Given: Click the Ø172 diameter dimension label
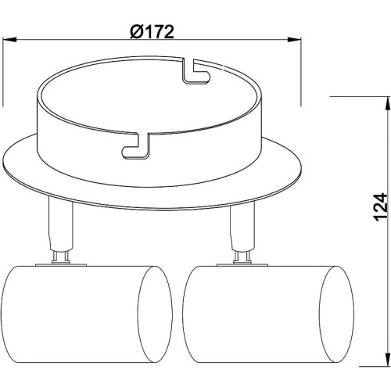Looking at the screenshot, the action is click(x=152, y=32).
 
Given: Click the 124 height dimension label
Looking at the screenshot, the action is click(x=381, y=207).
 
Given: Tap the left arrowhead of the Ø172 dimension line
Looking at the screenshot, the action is click(x=9, y=40).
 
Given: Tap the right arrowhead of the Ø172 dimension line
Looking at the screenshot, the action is click(x=294, y=40).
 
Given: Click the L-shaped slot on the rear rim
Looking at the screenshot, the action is click(x=195, y=71).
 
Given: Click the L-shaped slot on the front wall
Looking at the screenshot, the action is click(x=136, y=145).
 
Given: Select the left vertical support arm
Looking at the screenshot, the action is click(x=61, y=225).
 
